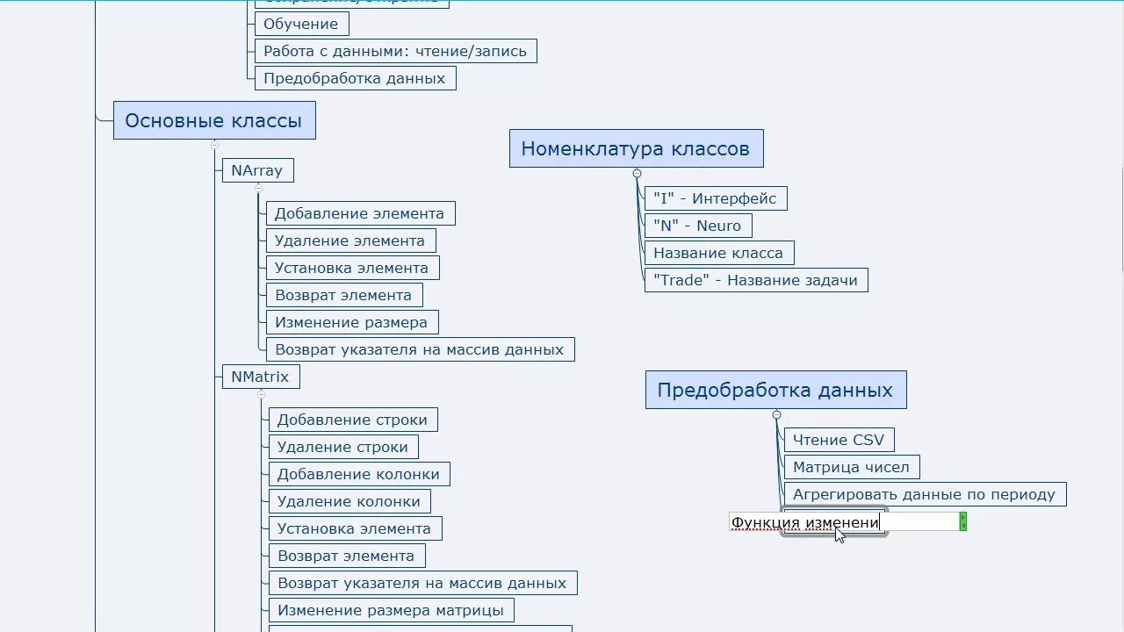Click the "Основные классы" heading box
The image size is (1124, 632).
[213, 120]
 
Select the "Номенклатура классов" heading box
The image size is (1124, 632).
[636, 148]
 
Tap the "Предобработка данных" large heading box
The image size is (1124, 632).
[775, 390]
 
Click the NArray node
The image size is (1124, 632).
[257, 170]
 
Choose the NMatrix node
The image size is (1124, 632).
[260, 377]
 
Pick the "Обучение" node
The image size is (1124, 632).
[301, 24]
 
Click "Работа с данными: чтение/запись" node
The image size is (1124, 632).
[395, 51]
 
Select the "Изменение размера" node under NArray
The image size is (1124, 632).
[351, 322]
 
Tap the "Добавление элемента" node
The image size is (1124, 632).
[359, 213]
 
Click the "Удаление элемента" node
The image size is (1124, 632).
[349, 241]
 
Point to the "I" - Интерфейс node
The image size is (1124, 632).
[715, 198]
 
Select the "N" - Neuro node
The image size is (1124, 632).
[697, 226]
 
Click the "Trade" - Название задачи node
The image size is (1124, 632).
[755, 280]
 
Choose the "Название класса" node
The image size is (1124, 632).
[718, 253]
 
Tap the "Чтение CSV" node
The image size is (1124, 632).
[839, 440]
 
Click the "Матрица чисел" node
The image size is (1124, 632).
[851, 467]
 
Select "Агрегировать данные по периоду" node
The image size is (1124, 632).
[924, 494]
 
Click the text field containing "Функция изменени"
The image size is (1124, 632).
[843, 522]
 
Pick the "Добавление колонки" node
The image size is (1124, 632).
[358, 474]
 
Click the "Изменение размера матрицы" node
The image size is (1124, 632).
[391, 610]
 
